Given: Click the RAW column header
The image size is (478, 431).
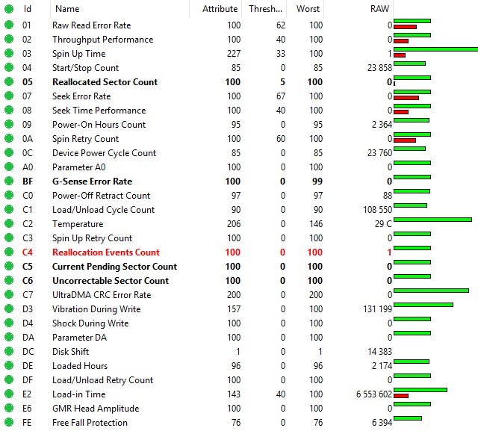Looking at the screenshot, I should (x=379, y=9).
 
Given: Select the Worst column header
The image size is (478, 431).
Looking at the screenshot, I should (x=308, y=9).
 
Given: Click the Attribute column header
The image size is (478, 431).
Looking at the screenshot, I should (x=220, y=9).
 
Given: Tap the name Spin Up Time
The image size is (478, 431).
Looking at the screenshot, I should (x=78, y=54).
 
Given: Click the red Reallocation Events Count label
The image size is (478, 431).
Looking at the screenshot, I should (x=105, y=252).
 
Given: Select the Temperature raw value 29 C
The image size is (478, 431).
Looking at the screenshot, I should (x=382, y=224).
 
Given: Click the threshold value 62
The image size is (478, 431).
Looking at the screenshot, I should (x=280, y=25).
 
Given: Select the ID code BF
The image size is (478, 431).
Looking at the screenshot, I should (x=28, y=182).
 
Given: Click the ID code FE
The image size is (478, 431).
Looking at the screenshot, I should (x=28, y=423).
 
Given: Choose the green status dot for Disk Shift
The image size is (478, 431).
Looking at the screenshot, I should (x=9, y=352).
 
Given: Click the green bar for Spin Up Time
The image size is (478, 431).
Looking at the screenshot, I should (x=435, y=49).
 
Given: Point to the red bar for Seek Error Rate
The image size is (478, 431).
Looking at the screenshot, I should (x=406, y=97).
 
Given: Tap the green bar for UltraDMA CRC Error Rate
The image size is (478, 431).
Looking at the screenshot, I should (x=431, y=291).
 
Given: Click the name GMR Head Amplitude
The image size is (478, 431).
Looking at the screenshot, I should (x=95, y=409).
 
